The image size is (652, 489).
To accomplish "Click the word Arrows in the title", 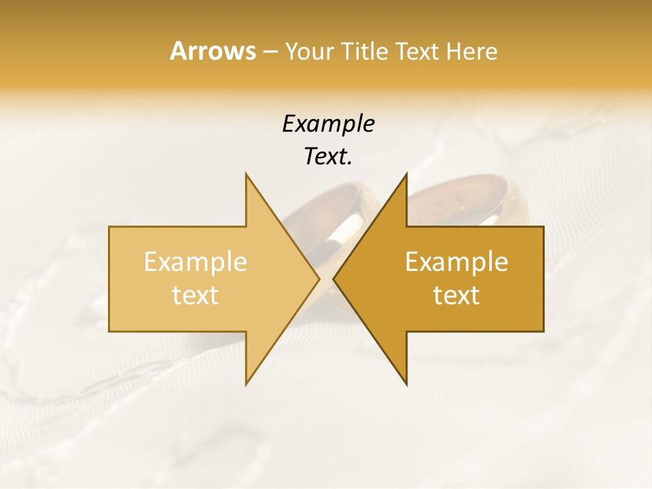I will pyautogui.click(x=213, y=51).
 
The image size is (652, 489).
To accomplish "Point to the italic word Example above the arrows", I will pyautogui.click(x=328, y=124).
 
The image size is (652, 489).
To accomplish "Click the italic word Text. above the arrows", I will pyautogui.click(x=328, y=157).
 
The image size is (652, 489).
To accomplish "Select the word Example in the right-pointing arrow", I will pyautogui.click(x=195, y=262).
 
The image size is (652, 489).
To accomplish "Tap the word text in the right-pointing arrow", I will pyautogui.click(x=195, y=295).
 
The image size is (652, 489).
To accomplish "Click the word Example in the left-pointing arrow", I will pyautogui.click(x=456, y=262).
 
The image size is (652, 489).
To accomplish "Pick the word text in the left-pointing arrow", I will pyautogui.click(x=456, y=295).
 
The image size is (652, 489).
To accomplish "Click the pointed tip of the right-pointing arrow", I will pyautogui.click(x=319, y=279).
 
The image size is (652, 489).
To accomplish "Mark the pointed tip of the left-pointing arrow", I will pyautogui.click(x=334, y=279).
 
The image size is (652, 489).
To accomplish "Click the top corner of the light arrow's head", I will pyautogui.click(x=246, y=174).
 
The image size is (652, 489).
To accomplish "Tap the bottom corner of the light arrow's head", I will pyautogui.click(x=246, y=384).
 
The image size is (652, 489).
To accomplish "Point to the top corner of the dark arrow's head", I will pyautogui.click(x=406, y=174).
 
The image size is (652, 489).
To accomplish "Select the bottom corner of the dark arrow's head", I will pyautogui.click(x=406, y=384).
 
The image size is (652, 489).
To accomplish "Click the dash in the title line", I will pyautogui.click(x=270, y=52).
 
